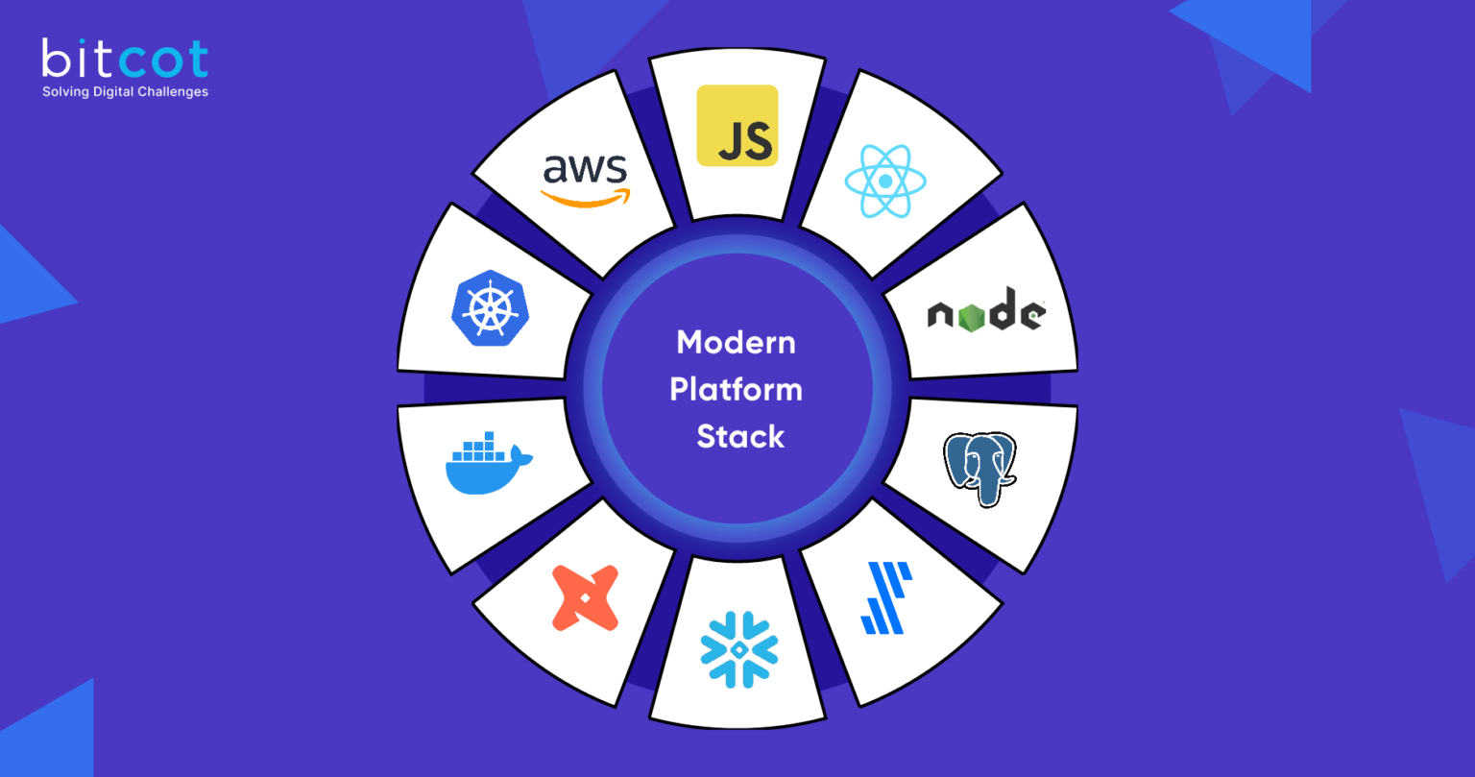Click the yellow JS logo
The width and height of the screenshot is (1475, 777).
point(737,125)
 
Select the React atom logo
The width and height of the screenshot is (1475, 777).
point(884,181)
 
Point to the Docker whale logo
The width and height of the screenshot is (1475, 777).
point(488,464)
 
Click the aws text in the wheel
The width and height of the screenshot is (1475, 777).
point(585,170)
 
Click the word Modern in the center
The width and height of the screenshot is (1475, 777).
point(736,343)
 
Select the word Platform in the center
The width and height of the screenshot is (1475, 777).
point(736,390)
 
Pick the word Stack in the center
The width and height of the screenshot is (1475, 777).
point(739,437)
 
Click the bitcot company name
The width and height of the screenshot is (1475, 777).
point(125,61)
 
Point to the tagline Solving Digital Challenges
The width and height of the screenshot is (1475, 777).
point(125,92)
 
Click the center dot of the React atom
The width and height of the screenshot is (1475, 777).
point(884,181)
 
